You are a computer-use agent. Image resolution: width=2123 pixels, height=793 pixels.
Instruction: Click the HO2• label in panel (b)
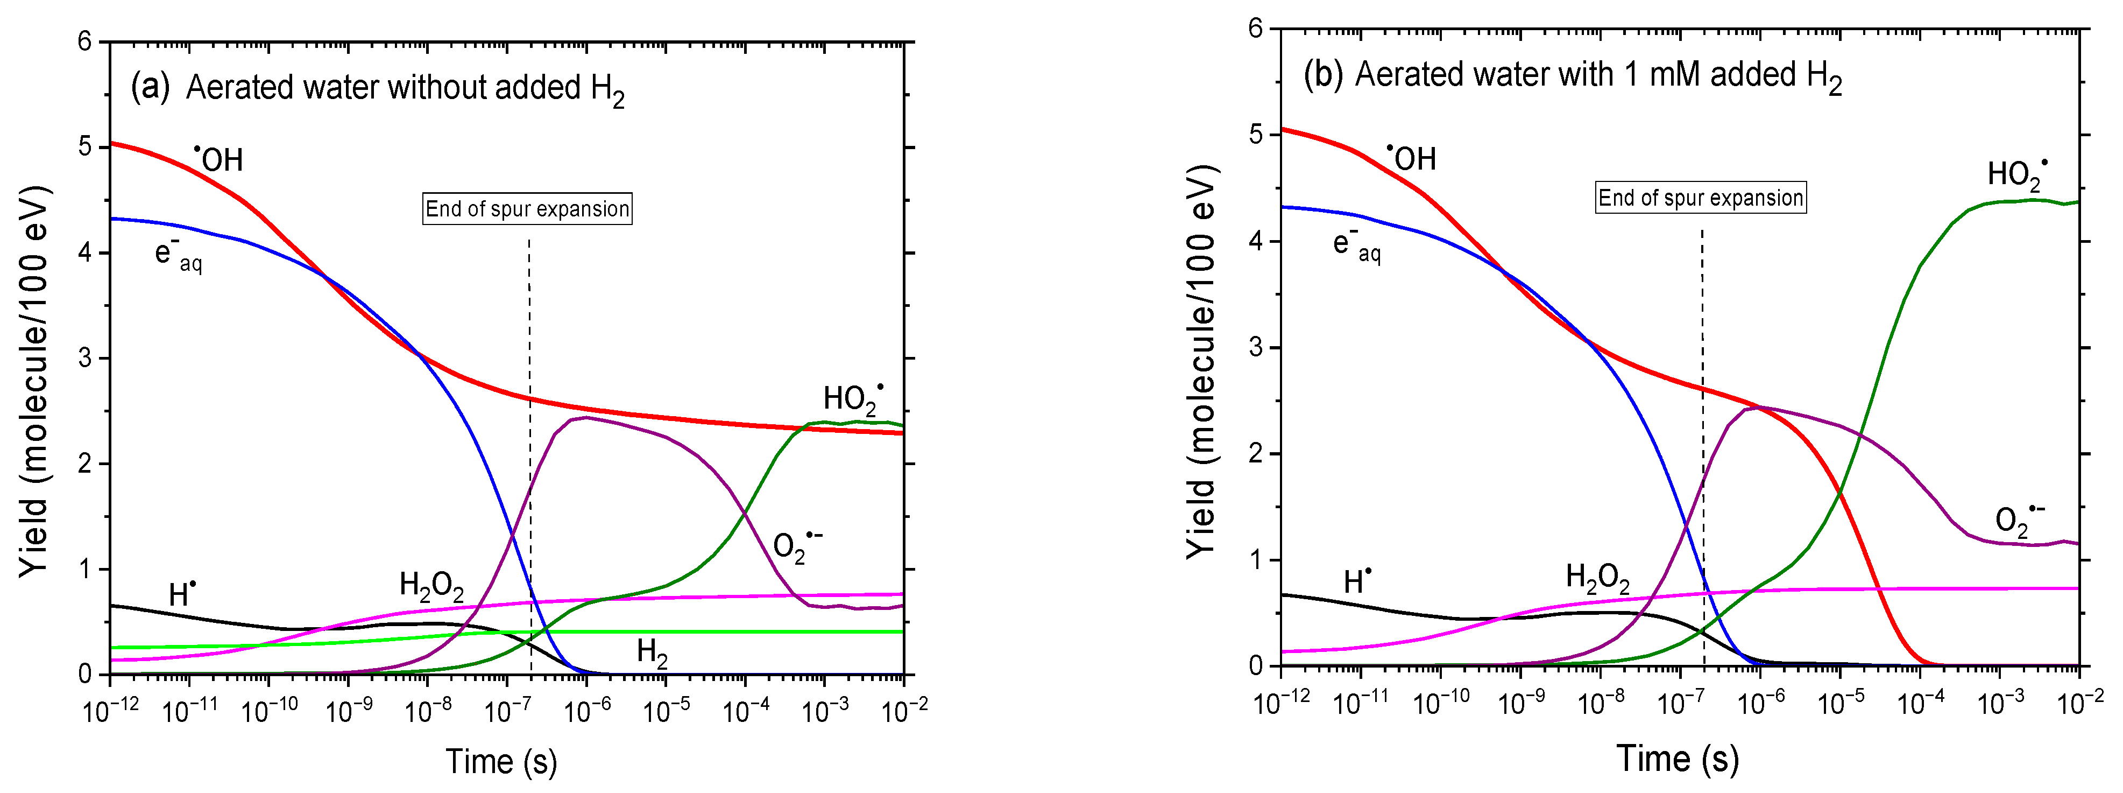click(x=2016, y=174)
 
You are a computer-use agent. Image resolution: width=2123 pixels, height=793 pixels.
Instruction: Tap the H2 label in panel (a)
click(x=652, y=653)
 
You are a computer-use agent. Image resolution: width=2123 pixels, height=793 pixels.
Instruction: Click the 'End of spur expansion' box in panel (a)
click(x=527, y=208)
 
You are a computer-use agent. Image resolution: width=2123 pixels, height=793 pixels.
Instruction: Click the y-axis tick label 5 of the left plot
click(x=85, y=148)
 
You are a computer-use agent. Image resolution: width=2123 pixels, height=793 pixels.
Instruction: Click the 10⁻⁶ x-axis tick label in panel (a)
click(x=587, y=710)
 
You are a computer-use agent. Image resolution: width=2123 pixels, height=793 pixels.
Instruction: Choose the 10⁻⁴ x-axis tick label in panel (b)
click(x=1921, y=703)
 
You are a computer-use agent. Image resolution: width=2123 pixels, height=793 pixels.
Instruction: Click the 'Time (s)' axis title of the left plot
click(x=501, y=761)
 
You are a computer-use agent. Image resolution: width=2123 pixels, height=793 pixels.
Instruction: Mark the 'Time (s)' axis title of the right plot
click(x=1677, y=757)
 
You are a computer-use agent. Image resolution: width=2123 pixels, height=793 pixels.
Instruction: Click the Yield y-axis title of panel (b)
click(x=1201, y=363)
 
